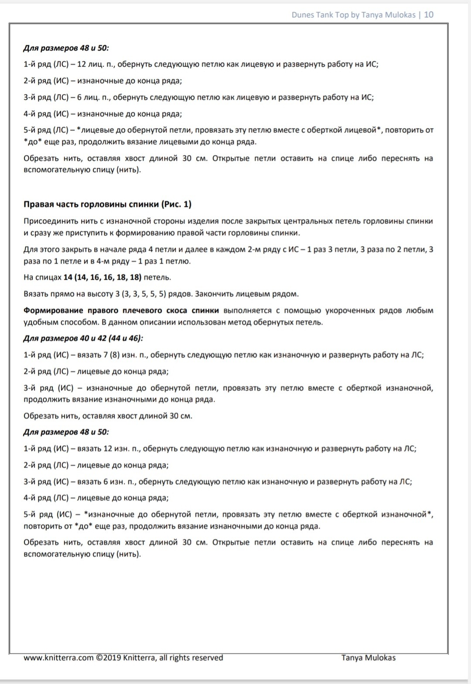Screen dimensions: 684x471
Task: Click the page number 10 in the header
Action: coord(429,15)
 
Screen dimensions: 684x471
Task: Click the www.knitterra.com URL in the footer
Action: coord(58,658)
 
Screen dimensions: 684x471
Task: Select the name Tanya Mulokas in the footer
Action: coord(369,658)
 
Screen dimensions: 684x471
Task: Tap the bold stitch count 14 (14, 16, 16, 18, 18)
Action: coord(102,278)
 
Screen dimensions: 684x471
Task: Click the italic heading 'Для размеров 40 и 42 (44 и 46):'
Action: coord(83,339)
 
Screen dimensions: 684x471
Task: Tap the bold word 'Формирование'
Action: coord(53,311)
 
